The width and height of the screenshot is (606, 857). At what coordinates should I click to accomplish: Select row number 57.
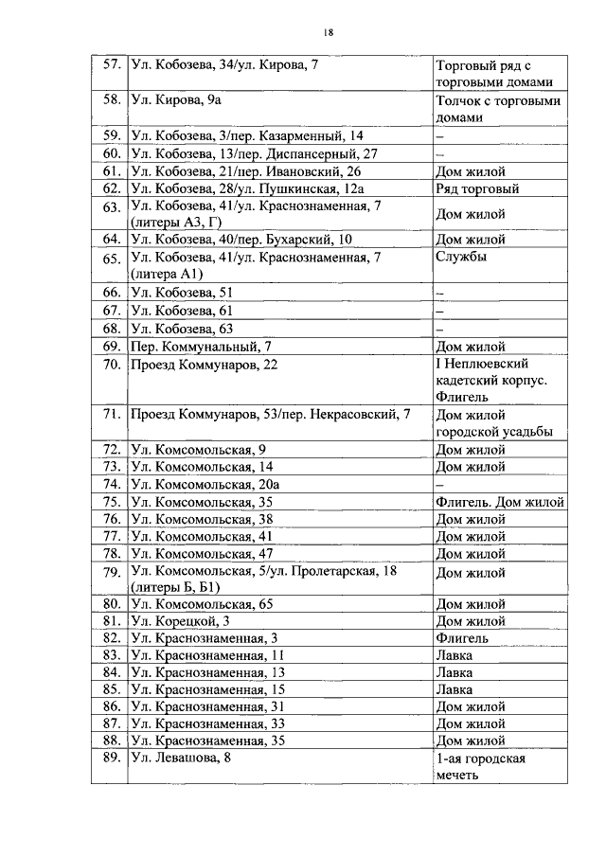(x=110, y=66)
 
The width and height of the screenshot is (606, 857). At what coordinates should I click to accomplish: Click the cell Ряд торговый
(x=476, y=188)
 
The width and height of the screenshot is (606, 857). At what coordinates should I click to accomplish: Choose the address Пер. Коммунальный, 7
(x=201, y=346)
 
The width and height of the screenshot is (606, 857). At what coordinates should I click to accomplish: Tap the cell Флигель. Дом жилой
(x=499, y=502)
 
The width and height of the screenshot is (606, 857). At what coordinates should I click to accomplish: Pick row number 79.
(x=110, y=573)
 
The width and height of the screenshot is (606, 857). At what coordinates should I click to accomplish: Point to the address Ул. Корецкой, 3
(x=180, y=621)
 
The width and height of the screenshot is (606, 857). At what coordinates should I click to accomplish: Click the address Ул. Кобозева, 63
(x=182, y=329)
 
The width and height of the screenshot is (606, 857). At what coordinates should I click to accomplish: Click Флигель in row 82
(x=461, y=638)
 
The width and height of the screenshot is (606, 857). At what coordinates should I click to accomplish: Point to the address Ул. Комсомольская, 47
(x=202, y=553)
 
